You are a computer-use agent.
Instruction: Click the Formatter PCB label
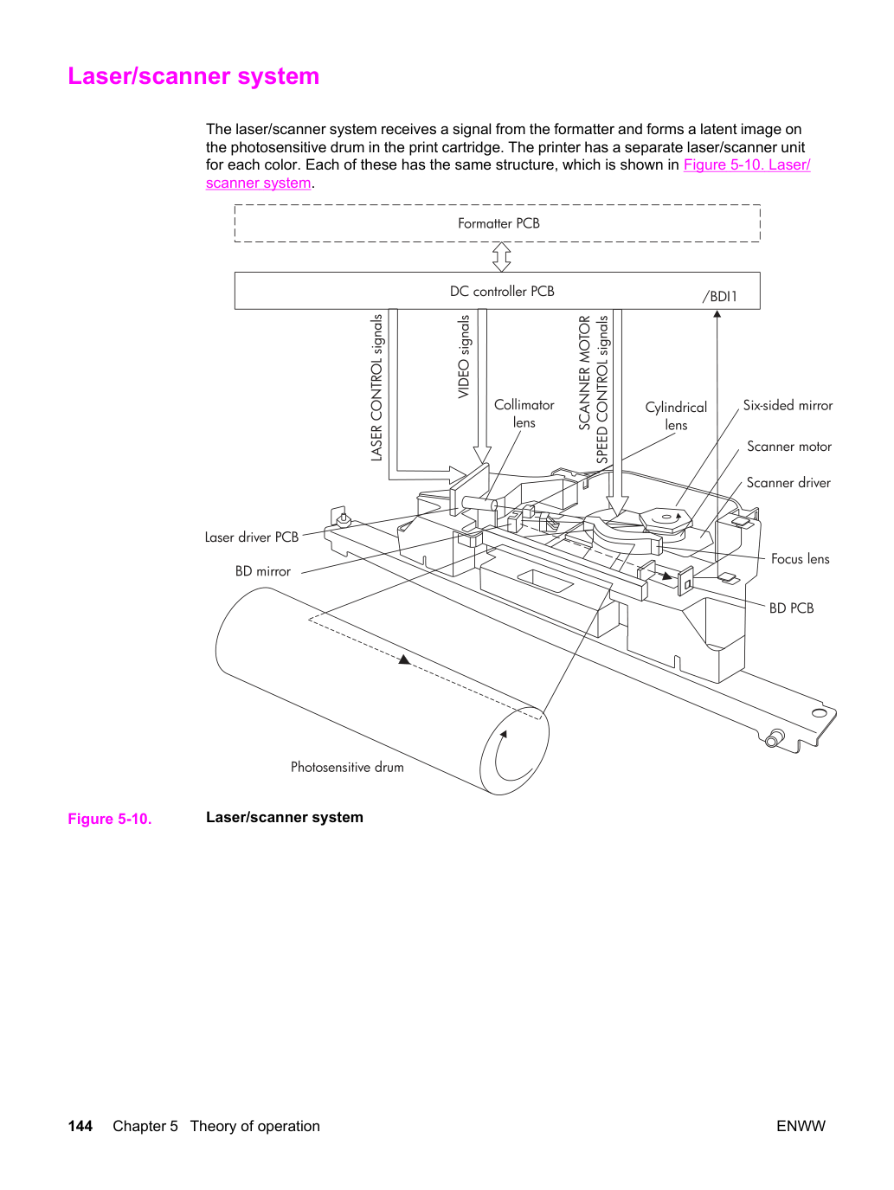tap(498, 223)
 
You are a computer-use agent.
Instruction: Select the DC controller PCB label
tap(502, 291)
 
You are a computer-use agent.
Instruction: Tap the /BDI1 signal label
tap(720, 297)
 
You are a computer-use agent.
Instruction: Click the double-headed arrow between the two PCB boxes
tap(501, 257)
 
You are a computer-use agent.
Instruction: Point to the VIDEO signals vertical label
tap(464, 357)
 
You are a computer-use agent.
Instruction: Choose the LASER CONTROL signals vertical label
tap(376, 388)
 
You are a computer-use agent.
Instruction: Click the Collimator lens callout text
tap(524, 414)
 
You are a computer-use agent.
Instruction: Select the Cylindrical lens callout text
tap(676, 415)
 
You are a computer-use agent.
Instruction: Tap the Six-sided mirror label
tap(788, 406)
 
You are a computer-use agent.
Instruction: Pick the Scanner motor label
tap(789, 447)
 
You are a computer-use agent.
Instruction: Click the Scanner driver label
tap(788, 483)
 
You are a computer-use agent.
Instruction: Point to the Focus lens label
tap(801, 559)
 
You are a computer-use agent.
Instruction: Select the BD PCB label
tap(792, 608)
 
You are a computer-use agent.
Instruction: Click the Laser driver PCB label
tap(252, 537)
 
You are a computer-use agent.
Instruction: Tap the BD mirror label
tap(263, 571)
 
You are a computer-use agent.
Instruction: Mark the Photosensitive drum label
tap(347, 767)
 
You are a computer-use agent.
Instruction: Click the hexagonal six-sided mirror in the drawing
tap(666, 518)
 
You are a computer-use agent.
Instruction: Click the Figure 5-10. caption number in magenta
tap(110, 819)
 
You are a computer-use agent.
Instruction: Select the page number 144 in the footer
tap(80, 1126)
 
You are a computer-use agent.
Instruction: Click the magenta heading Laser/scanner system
tap(194, 76)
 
